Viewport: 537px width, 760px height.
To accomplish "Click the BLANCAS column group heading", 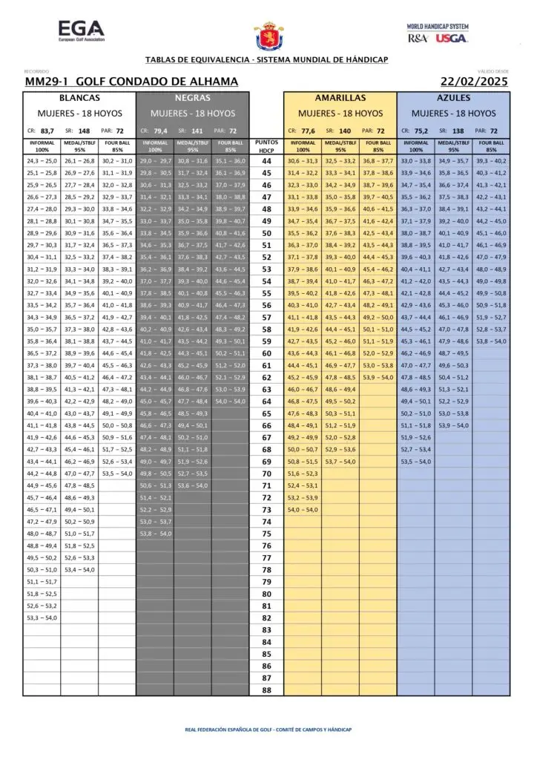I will [79, 98].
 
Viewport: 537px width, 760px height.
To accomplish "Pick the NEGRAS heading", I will [192, 98].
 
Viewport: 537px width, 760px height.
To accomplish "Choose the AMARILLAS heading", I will [340, 98].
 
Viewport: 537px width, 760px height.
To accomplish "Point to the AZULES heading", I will [453, 98].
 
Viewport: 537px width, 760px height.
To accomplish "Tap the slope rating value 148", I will [84, 131].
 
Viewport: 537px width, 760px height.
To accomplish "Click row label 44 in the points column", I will [266, 161].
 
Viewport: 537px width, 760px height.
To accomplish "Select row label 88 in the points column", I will [266, 689].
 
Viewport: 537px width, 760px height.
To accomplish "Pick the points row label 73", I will [266, 510].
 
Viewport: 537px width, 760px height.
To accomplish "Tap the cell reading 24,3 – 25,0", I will [42, 161].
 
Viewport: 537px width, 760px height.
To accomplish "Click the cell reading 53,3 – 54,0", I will [42, 617].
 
